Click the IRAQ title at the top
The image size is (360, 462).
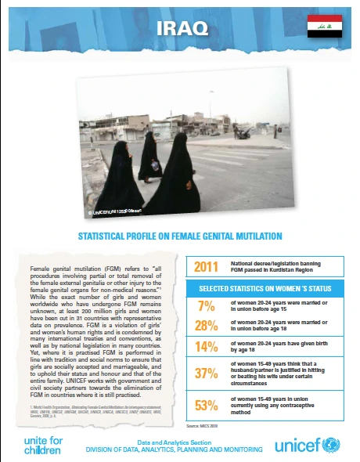(182, 28)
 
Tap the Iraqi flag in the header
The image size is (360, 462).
(325, 26)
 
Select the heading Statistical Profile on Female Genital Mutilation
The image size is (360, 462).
(180, 234)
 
